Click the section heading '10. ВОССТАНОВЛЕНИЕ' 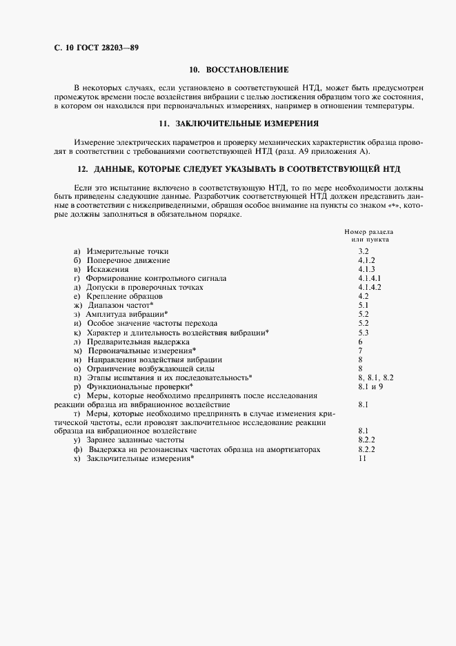239,70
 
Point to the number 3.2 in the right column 364,252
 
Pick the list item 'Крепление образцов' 124,296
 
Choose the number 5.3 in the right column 364,332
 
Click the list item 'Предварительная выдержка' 137,341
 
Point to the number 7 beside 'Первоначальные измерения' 360,350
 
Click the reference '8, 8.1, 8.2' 375,378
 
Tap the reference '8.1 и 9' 371,386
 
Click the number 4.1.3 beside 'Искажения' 366,269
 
